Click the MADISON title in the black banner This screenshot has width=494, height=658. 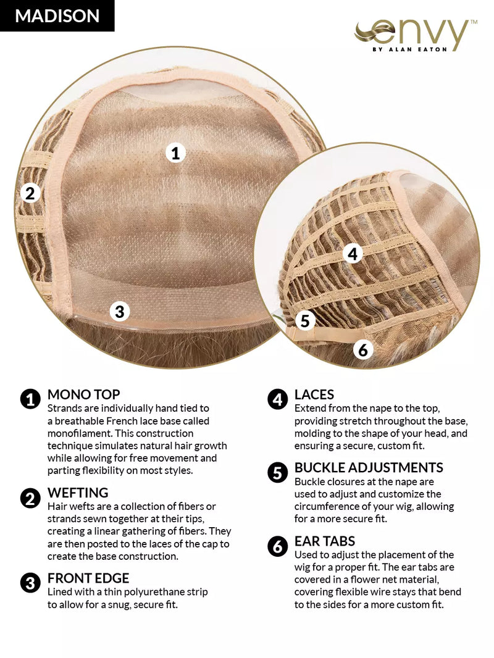click(57, 16)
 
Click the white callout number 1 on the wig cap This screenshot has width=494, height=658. click(175, 152)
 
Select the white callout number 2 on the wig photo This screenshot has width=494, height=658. click(30, 193)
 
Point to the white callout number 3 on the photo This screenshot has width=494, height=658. click(120, 311)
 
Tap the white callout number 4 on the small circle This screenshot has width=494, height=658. click(353, 253)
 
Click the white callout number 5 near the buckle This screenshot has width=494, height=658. click(305, 320)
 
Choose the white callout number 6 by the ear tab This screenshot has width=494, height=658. click(363, 349)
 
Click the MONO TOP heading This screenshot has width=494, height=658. click(83, 394)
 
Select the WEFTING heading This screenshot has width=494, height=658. click(78, 493)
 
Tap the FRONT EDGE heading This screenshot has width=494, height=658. click(88, 578)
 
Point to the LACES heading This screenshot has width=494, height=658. click(314, 394)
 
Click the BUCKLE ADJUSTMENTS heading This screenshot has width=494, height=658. click(369, 467)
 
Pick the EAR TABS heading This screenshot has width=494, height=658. click(325, 541)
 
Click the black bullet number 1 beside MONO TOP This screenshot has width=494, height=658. click(30, 399)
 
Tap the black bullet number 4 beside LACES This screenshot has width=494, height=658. click(277, 399)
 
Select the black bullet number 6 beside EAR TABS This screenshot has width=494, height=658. click(277, 546)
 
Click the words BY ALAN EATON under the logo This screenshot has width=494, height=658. click(410, 49)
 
